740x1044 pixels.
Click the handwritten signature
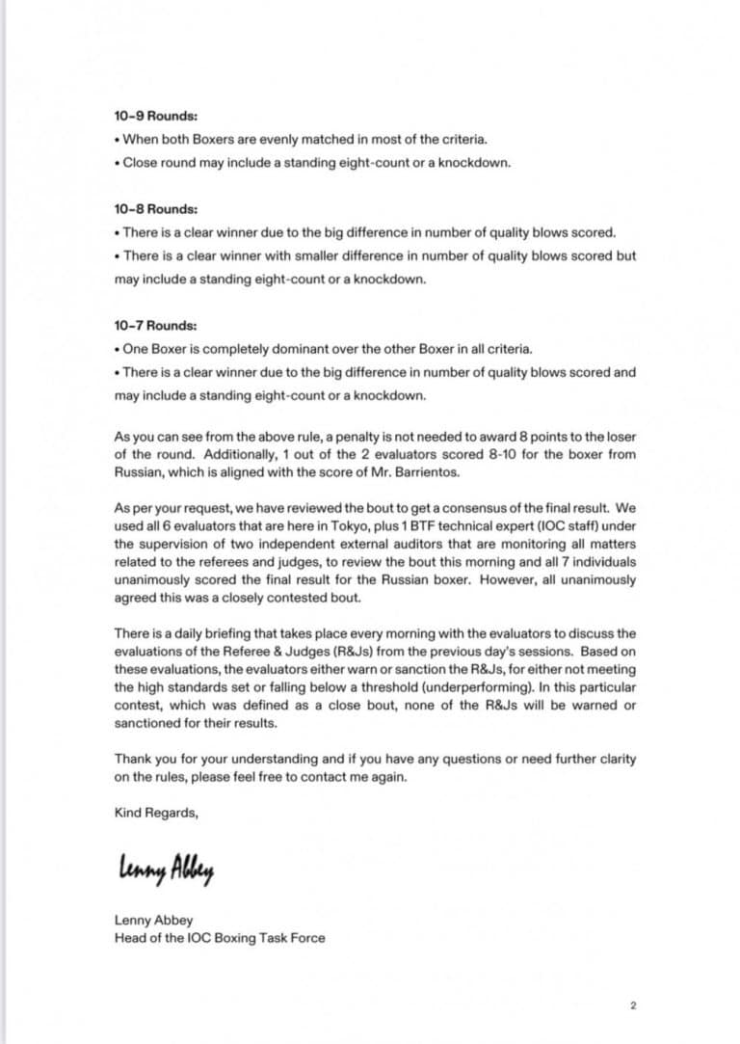pyautogui.click(x=166, y=870)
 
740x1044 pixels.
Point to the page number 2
pyautogui.click(x=633, y=1006)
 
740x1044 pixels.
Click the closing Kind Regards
pyautogui.click(x=156, y=813)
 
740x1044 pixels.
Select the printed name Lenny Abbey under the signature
pyautogui.click(x=153, y=920)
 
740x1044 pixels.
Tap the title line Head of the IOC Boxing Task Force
pyautogui.click(x=220, y=937)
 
